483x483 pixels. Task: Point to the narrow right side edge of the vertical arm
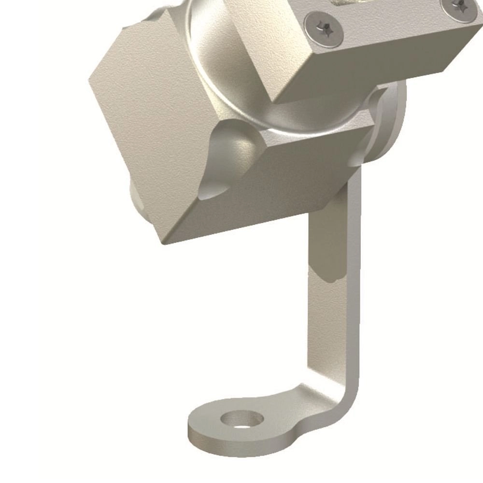point(356,290)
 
